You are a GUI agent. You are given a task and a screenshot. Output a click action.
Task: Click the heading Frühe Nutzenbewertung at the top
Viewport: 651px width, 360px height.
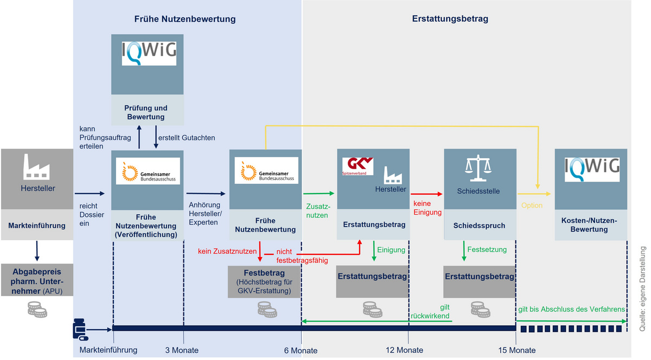click(x=185, y=19)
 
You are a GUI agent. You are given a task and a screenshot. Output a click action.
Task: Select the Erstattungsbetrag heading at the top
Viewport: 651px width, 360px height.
click(x=450, y=19)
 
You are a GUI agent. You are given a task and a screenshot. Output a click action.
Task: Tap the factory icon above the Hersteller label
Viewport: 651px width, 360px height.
click(x=36, y=167)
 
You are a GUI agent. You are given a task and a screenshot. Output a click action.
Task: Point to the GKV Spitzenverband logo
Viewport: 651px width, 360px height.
click(x=358, y=166)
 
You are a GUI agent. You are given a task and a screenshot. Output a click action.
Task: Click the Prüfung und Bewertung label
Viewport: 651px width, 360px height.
click(x=146, y=112)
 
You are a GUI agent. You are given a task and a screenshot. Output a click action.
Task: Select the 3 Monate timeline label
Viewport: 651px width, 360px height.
click(x=182, y=350)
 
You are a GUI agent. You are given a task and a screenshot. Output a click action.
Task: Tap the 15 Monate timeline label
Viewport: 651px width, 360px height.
click(x=518, y=350)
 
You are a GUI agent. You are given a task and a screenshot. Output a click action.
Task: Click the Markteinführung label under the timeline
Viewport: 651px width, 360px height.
click(x=108, y=350)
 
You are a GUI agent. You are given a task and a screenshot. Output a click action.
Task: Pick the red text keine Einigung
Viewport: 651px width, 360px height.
click(x=427, y=208)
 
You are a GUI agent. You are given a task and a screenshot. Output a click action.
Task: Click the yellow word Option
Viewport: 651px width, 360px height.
click(x=532, y=205)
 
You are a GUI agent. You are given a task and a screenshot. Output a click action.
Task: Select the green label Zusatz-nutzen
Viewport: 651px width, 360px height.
click(x=317, y=211)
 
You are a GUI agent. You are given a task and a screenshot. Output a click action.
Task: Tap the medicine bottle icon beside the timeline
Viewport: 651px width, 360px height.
click(x=80, y=328)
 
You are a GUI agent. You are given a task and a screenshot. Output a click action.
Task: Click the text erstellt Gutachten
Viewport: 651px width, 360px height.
click(x=186, y=138)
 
